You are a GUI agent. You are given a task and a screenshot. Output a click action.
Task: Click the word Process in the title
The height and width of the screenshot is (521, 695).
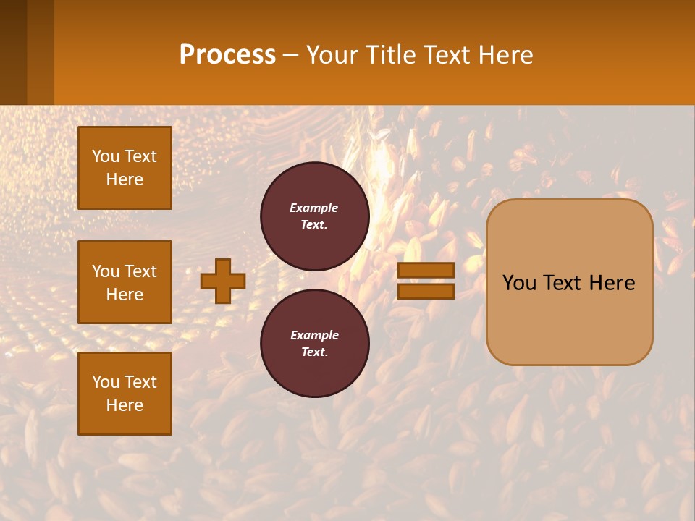coord(227,55)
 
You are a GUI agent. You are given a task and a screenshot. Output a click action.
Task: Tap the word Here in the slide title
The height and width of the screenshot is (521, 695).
coord(505,55)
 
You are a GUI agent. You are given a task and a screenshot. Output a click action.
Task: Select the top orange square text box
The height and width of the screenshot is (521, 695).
coord(125,168)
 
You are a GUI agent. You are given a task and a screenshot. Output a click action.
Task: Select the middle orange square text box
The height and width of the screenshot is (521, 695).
coord(125,282)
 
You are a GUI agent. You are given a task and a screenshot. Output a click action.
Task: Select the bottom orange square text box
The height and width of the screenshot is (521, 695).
coord(125,394)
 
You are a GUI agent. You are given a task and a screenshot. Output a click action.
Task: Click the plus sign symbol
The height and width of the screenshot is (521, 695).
coord(223,281)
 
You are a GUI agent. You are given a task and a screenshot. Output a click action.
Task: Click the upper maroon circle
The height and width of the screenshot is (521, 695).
coord(315,216)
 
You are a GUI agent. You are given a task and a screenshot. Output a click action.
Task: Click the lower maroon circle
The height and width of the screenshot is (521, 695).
coord(315,343)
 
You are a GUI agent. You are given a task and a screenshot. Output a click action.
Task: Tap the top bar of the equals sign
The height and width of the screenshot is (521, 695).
coord(426,271)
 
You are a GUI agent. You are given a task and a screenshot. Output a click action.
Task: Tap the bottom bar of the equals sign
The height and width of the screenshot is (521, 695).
coord(426,292)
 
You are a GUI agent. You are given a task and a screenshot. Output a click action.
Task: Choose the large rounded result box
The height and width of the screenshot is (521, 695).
coord(569,282)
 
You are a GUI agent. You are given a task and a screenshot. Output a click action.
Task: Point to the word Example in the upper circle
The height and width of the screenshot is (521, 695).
coord(313,208)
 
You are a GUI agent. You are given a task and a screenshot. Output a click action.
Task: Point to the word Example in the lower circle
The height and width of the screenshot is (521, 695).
coord(314,335)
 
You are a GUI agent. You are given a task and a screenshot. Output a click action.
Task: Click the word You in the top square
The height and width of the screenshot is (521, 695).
coord(106,156)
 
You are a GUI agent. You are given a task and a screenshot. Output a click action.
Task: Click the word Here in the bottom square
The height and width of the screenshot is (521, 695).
coord(125,405)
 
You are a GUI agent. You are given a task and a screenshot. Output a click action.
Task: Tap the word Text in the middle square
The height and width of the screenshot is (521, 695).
coord(140,271)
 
